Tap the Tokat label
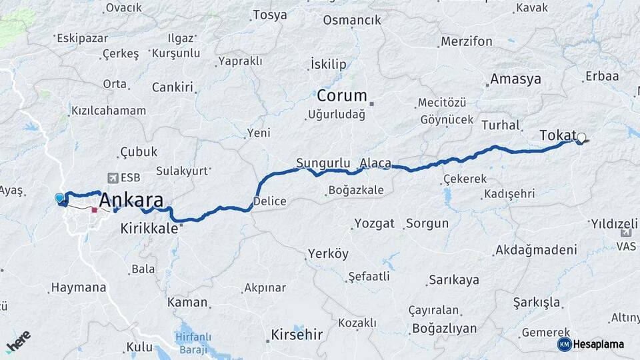pyautogui.click(x=557, y=136)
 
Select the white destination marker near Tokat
pyautogui.click(x=581, y=138)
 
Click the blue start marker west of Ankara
pyautogui.click(x=59, y=198)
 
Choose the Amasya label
pyautogui.click(x=515, y=79)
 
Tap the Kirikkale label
pyautogui.click(x=149, y=228)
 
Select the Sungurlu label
pyautogui.click(x=323, y=163)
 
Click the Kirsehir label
pyautogui.click(x=297, y=334)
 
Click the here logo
pyautogui.click(x=18, y=341)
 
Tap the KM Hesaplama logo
pyautogui.click(x=591, y=344)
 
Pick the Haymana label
pyautogui.click(x=78, y=288)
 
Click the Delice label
pyautogui.click(x=270, y=201)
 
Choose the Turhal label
pyautogui.click(x=499, y=125)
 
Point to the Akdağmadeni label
pyautogui.click(x=535, y=251)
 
